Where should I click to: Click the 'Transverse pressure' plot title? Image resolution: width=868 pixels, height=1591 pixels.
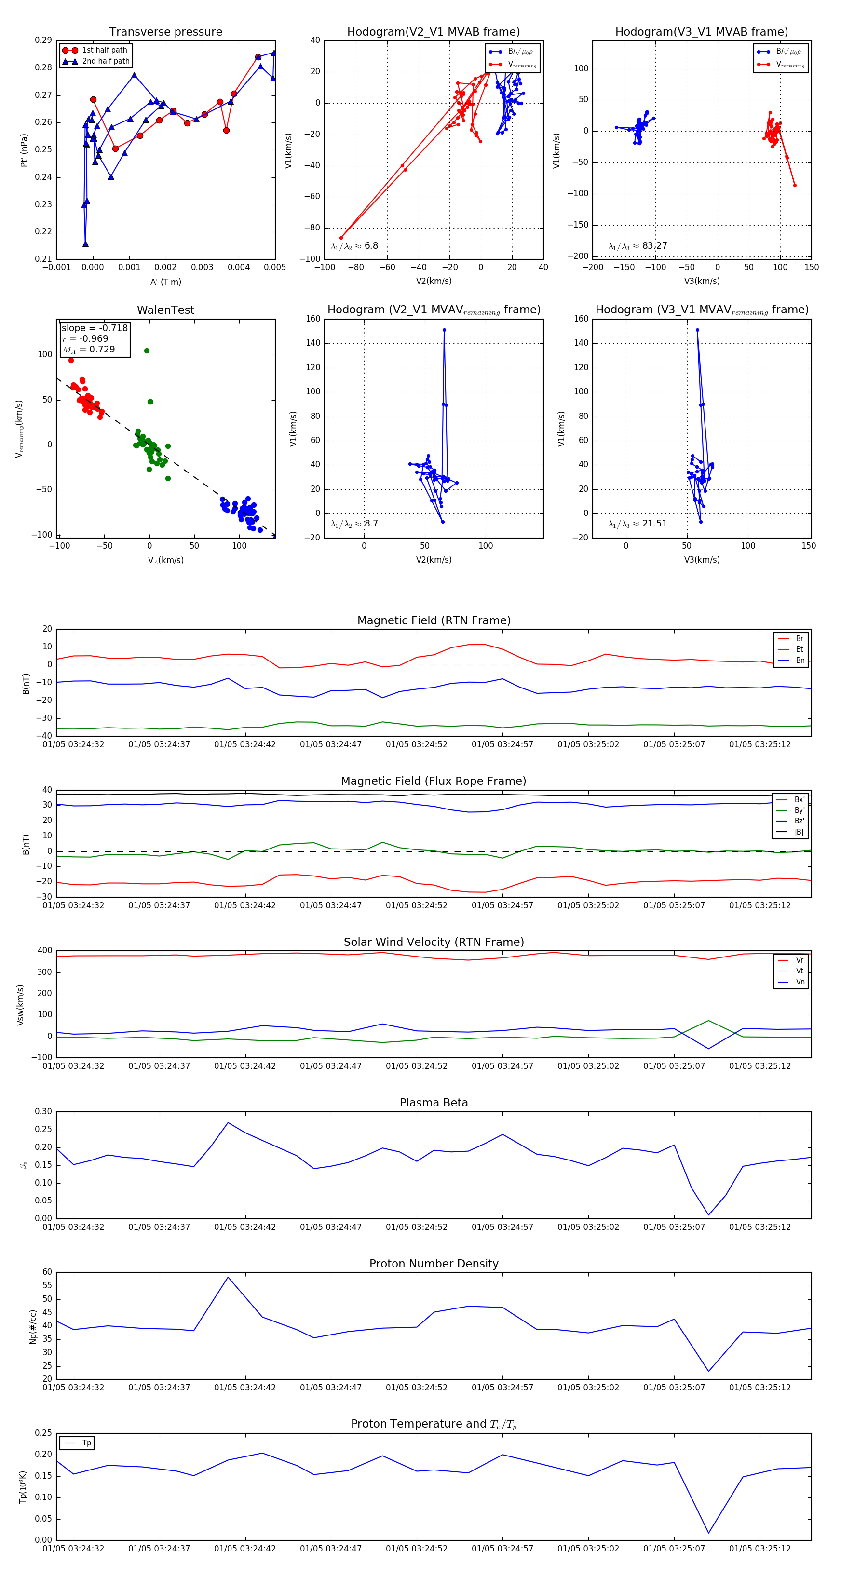[x=165, y=32]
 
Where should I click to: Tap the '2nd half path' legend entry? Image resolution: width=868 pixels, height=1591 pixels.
[x=106, y=61]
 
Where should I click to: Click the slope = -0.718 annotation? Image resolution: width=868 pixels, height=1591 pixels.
[x=95, y=328]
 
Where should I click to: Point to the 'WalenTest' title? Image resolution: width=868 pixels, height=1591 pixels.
[x=165, y=310]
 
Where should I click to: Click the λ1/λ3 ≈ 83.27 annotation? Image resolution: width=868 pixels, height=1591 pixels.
[x=637, y=246]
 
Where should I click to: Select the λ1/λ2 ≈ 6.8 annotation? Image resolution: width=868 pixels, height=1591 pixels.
[x=354, y=246]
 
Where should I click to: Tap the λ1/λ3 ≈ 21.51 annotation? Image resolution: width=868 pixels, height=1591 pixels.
[x=637, y=524]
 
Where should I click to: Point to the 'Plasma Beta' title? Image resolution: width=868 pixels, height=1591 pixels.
[x=434, y=1103]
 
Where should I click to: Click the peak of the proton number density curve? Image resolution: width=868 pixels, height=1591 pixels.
[x=228, y=1277]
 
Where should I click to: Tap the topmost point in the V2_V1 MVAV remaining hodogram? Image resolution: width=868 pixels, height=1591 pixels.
[x=444, y=330]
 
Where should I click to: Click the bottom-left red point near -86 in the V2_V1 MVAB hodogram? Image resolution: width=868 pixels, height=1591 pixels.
[x=341, y=238]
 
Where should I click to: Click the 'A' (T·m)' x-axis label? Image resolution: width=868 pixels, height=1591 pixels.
[x=165, y=282]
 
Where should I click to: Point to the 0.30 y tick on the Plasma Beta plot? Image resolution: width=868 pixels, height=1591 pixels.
[x=43, y=1112]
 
